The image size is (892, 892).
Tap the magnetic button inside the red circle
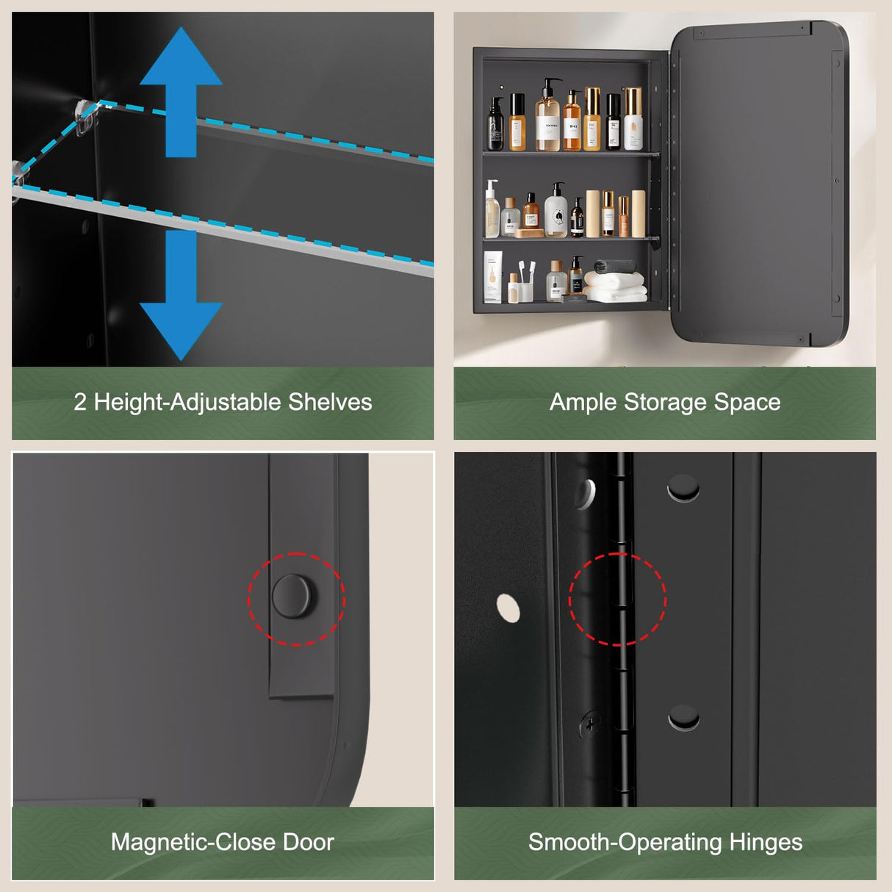pos(295,596)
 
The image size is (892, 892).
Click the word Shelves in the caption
pos(330,402)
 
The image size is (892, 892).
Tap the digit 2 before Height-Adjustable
pos(80,402)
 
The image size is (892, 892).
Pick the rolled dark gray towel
pos(614,266)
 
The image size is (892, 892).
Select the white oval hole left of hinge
pos(508,608)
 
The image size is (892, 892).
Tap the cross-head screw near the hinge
pos(590,724)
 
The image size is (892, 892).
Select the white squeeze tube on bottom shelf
pos(493,276)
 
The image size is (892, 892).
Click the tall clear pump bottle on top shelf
pos(547,118)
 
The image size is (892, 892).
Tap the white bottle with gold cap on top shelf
pos(633,120)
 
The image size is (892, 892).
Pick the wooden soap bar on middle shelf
pos(529,234)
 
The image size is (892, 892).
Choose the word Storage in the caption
pos(665,402)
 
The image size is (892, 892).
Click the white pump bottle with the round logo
pos(556,212)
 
